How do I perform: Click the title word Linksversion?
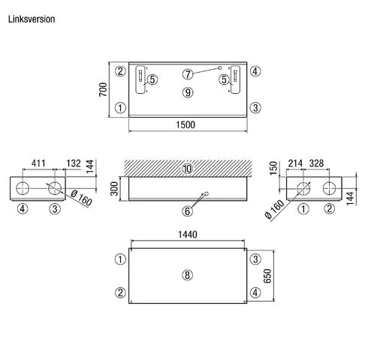tap(32, 19)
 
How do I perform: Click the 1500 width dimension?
tap(186, 124)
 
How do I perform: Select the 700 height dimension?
tap(103, 90)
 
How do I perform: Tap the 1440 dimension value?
tap(188, 235)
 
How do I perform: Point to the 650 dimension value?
tap(267, 276)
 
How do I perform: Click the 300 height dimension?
tap(114, 189)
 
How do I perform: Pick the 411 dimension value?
tap(38, 163)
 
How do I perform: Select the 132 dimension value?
tap(74, 163)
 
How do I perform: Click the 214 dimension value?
tap(295, 163)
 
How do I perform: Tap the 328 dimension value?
tap(316, 163)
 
